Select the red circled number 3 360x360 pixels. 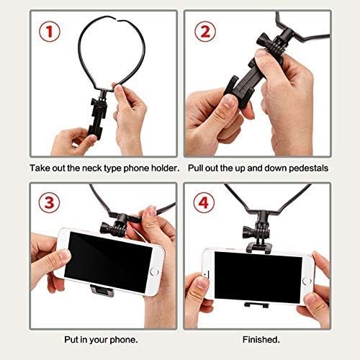(x=50, y=202)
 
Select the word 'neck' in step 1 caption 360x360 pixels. (x=94, y=167)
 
